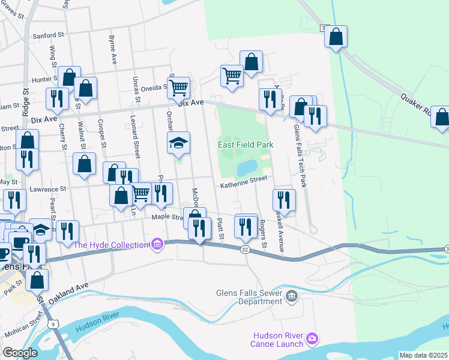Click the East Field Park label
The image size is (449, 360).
[x=246, y=145]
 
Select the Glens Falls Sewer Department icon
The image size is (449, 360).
[x=291, y=295]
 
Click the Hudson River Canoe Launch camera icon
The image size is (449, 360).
[x=312, y=340]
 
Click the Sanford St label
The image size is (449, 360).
[x=47, y=35]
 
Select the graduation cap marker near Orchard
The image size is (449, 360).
[x=178, y=143]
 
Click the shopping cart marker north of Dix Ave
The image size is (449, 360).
[x=232, y=76]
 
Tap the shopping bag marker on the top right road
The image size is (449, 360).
[x=336, y=36]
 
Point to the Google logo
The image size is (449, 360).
[x=20, y=353]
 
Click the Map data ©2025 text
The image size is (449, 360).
[x=423, y=355]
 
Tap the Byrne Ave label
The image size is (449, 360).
[x=112, y=50]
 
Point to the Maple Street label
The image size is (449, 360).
[x=167, y=217]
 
